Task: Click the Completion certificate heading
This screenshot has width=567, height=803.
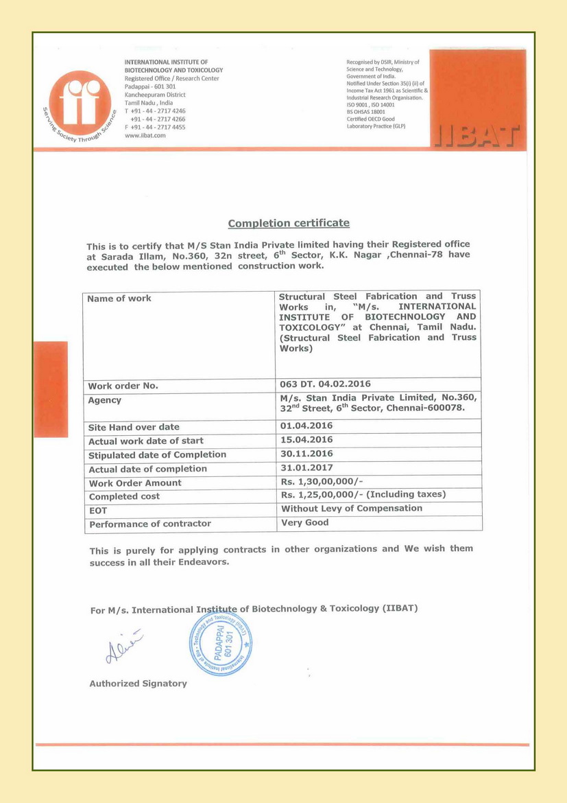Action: (x=289, y=223)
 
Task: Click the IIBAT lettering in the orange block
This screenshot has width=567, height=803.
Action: (x=477, y=136)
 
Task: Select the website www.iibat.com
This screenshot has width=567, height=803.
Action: (x=145, y=135)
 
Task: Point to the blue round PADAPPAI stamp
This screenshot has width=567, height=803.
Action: (x=221, y=643)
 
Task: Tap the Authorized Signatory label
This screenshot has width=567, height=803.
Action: (x=138, y=684)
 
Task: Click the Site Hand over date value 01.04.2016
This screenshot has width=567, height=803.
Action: (x=306, y=426)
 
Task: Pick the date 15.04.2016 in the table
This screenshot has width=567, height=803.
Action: (x=306, y=440)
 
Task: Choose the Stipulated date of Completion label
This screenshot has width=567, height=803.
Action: (x=157, y=455)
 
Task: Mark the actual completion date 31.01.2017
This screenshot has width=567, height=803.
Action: (x=306, y=468)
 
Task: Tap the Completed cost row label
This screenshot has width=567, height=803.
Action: (x=124, y=496)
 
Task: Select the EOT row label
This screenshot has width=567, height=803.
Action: (x=98, y=511)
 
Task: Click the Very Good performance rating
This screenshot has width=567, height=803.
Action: (x=305, y=523)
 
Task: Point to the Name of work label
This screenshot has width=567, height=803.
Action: (x=119, y=299)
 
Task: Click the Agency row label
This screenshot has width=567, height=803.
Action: (x=105, y=400)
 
